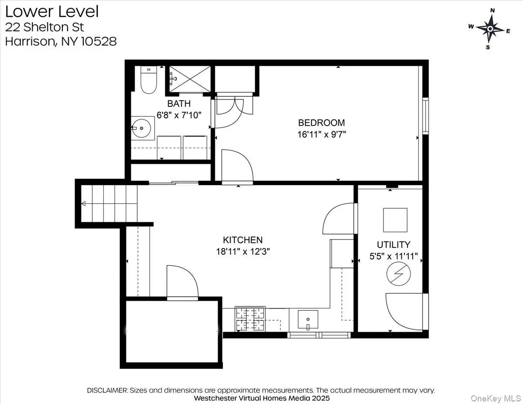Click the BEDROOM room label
321,123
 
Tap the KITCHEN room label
243,240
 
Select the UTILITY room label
394,244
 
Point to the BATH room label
179,103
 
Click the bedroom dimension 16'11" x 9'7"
322,134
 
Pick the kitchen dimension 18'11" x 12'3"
243,251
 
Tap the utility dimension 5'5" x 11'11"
394,256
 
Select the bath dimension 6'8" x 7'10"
179,115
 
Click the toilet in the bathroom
149,80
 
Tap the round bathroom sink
142,128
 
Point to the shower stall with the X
190,79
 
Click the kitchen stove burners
250,319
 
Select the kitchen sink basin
308,319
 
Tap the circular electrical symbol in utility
398,274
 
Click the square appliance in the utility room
395,220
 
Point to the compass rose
490,29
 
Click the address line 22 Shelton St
44,27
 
